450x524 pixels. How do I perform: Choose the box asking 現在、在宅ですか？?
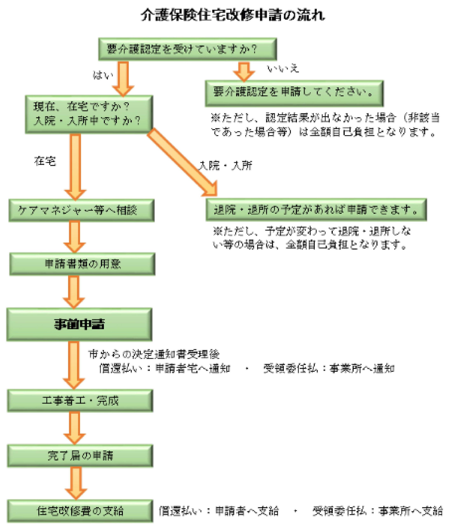click(x=89, y=114)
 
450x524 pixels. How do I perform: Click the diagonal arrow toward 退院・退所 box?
click(x=182, y=162)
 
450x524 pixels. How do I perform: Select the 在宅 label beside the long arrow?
click(x=45, y=161)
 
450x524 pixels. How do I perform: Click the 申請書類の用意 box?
click(x=82, y=264)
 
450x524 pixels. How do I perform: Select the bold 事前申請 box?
click(x=79, y=324)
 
